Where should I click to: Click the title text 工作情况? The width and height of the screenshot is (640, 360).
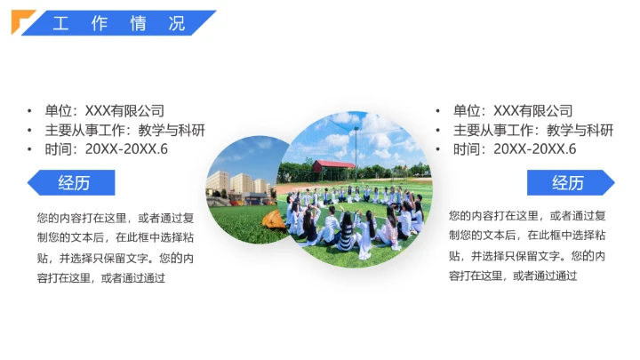[x=118, y=24]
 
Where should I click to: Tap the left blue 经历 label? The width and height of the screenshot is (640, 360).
[x=73, y=183]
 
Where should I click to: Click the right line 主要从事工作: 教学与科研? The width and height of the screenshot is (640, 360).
[x=533, y=131]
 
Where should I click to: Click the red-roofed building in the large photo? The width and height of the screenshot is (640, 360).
[x=333, y=166]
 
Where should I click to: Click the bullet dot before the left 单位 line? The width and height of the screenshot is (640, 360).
[x=30, y=111]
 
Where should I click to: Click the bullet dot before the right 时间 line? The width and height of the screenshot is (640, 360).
[x=438, y=149]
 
